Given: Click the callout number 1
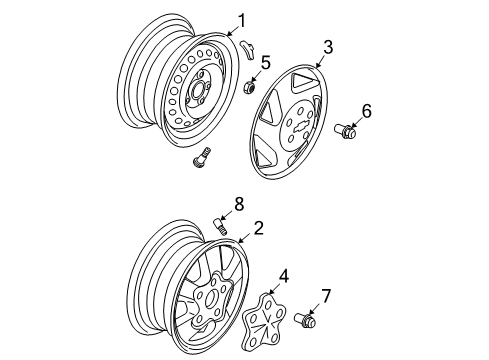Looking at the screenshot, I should point(240,20).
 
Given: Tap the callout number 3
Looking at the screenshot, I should point(327,46).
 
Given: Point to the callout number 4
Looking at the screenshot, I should point(284,275).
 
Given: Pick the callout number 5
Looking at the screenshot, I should point(265,64).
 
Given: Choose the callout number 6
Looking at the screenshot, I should point(366,111).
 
